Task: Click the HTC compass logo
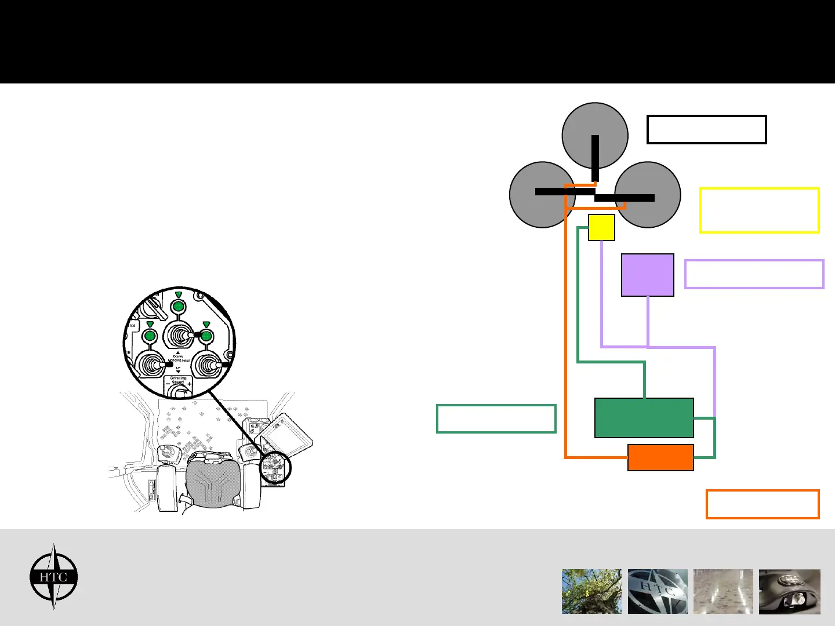[x=53, y=577]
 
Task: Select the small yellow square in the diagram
[x=601, y=227]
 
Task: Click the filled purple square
[x=647, y=275]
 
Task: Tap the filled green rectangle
[x=644, y=417]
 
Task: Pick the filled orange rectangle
[x=660, y=457]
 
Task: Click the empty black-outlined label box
[x=706, y=129]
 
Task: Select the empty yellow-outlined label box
[x=759, y=210]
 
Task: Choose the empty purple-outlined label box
[x=754, y=274]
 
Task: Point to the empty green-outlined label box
[x=496, y=418]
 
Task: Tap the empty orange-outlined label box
[x=762, y=504]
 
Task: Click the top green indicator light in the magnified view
[x=179, y=306]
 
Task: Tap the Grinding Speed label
[x=178, y=380]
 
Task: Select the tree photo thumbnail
[x=591, y=591]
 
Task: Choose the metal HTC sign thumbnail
[x=658, y=591]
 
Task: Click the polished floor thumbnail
[x=723, y=591]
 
